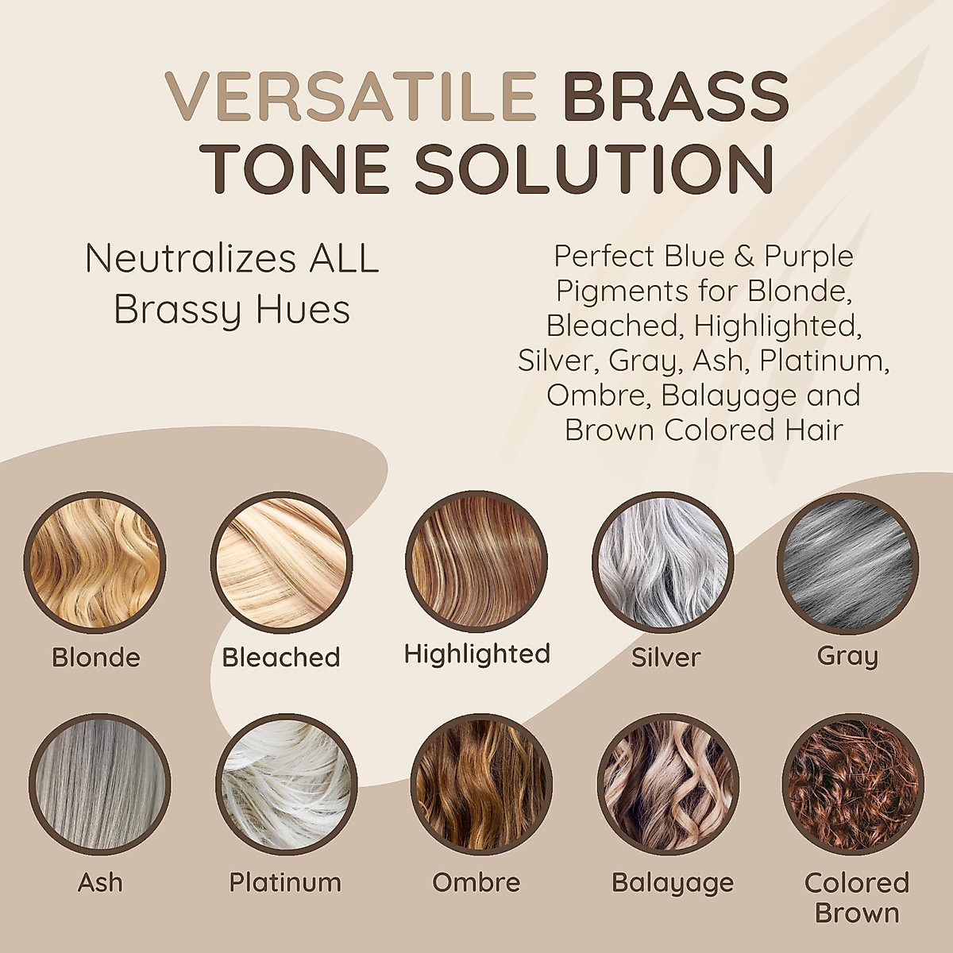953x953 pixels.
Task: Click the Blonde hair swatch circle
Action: (x=95, y=562)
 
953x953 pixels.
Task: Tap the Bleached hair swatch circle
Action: (x=281, y=562)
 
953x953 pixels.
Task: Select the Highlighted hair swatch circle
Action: (x=476, y=561)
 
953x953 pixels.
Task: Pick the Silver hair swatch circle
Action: (x=663, y=562)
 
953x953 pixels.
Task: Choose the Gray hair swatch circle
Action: (x=847, y=563)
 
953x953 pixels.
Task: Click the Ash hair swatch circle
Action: (x=99, y=785)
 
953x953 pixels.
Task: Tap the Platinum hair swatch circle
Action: (x=287, y=785)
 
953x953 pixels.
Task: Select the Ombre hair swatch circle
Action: (x=481, y=785)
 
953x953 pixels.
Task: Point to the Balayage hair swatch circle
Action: (x=668, y=785)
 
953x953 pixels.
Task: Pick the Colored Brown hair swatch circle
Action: (x=853, y=785)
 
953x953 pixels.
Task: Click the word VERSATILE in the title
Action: (x=351, y=97)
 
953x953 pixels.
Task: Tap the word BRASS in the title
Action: (x=677, y=97)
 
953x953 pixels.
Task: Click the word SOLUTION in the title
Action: (x=594, y=168)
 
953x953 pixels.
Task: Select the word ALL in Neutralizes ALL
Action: (x=344, y=258)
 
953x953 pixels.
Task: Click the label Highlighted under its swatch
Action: (x=476, y=654)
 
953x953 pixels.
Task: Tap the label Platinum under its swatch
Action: (x=285, y=882)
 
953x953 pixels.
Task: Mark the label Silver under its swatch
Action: (x=666, y=658)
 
